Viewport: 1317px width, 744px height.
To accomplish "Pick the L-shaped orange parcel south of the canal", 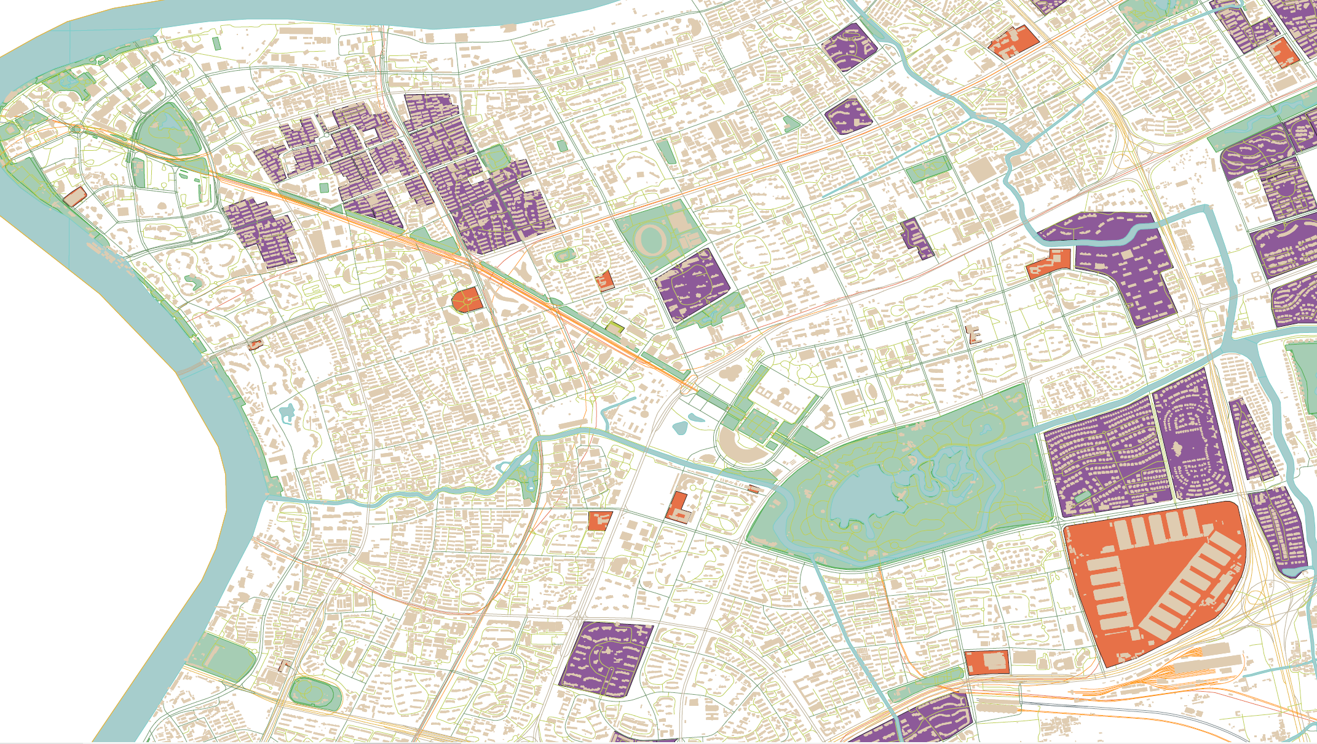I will point(678,508).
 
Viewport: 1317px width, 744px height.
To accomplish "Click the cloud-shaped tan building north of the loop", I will point(731,373).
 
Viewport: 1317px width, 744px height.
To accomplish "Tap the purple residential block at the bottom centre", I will point(606,658).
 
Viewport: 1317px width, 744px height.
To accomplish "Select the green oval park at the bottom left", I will point(315,694).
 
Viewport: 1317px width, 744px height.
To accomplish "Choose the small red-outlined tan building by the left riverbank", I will point(74,197).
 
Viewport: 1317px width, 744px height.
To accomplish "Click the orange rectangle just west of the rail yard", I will point(987,663).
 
